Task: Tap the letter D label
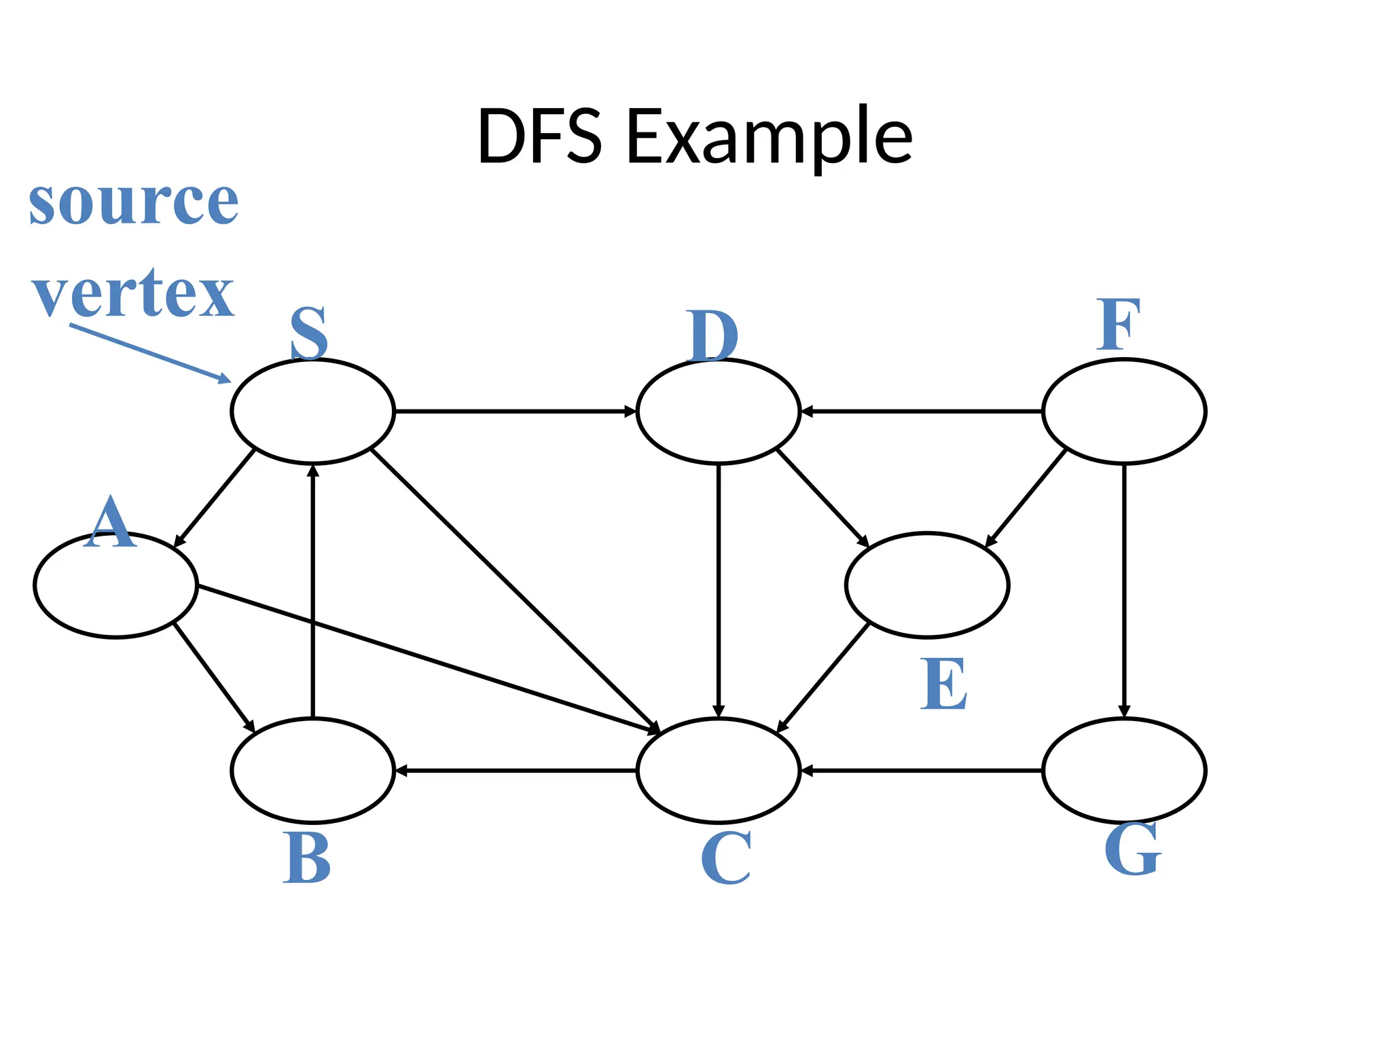coord(711,335)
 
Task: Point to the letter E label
coord(943,684)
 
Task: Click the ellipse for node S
coord(312,411)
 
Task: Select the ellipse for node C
coord(718,771)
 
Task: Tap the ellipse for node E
coord(927,585)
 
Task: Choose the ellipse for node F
coord(1124,411)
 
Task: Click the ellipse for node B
coord(312,771)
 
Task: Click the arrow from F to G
coord(1124,591)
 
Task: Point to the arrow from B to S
coord(312,591)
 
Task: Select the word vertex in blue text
coord(133,293)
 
